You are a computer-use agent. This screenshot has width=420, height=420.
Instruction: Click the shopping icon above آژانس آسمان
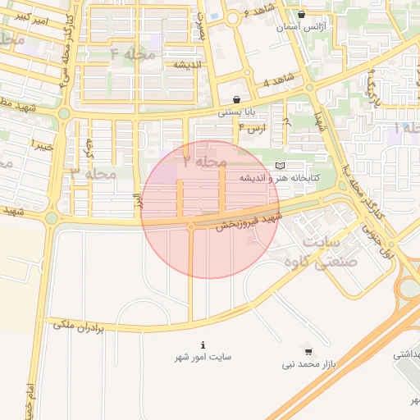(x=302, y=14)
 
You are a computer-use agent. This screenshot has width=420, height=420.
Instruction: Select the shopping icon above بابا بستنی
(x=237, y=99)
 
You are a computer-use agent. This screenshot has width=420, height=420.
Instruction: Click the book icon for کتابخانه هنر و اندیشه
(x=280, y=165)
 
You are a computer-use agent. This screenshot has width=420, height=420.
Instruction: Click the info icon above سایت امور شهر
(x=203, y=345)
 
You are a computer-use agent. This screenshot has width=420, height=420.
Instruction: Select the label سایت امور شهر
(x=203, y=358)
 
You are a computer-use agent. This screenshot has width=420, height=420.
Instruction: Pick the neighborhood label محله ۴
(x=132, y=55)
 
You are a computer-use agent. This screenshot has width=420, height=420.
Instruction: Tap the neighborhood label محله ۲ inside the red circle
(x=204, y=162)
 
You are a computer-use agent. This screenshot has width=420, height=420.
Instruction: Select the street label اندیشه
(x=187, y=64)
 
